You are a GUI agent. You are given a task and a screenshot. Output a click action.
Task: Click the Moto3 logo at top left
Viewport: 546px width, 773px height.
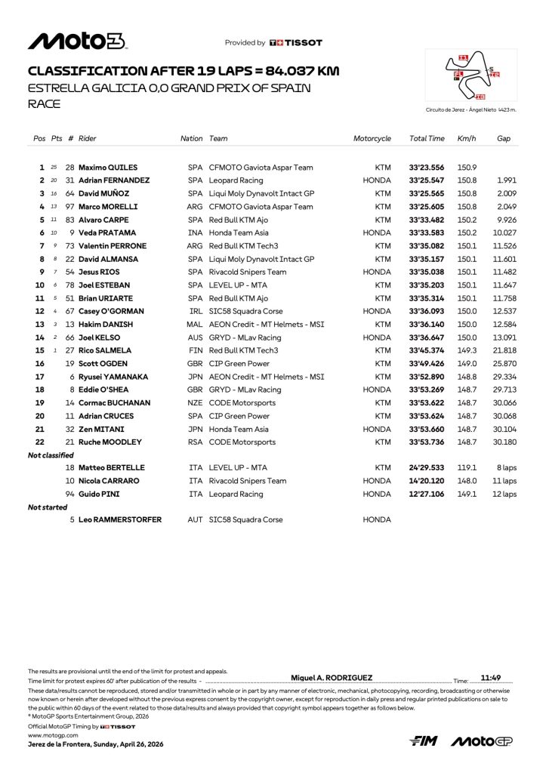[x=77, y=42]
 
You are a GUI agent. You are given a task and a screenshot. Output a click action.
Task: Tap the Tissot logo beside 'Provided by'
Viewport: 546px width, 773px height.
[x=296, y=43]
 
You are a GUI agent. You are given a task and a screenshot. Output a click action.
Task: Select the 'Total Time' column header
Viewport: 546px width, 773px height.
[x=427, y=139]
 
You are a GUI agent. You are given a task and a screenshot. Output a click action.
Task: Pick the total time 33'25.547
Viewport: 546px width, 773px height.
[x=427, y=180]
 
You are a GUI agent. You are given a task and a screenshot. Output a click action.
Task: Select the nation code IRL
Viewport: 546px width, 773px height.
[x=196, y=311]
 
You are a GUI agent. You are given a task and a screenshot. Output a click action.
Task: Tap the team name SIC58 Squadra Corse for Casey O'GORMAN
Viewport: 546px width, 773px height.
[x=246, y=311]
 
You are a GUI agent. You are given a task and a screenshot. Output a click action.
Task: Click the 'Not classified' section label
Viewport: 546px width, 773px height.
[x=51, y=455]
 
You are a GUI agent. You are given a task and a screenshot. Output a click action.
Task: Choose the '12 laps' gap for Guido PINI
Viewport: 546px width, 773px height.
[x=504, y=494]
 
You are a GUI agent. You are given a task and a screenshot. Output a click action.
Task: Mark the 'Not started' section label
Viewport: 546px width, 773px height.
[x=48, y=507]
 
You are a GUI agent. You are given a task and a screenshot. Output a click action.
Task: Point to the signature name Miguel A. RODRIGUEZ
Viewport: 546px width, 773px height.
[x=331, y=678]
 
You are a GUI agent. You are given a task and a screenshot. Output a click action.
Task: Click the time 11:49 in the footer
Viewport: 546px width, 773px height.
[x=491, y=678]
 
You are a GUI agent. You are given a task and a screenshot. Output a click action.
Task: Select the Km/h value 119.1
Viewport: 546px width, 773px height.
[x=466, y=468]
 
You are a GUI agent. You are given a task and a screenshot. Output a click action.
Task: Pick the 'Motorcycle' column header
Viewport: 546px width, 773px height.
[x=372, y=139]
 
